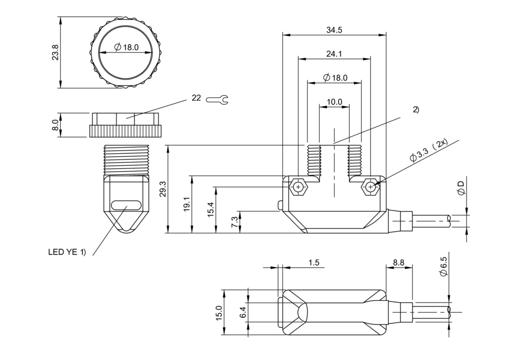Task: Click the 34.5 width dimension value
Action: [334, 30]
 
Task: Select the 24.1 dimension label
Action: [334, 54]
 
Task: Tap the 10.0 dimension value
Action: [334, 102]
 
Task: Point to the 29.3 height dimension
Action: [163, 189]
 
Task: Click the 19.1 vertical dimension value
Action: [187, 204]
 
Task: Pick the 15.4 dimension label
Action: [211, 209]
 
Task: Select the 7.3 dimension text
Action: [235, 222]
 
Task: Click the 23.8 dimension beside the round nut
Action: [56, 53]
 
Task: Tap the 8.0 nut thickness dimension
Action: [55, 125]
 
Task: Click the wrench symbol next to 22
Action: [217, 100]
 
